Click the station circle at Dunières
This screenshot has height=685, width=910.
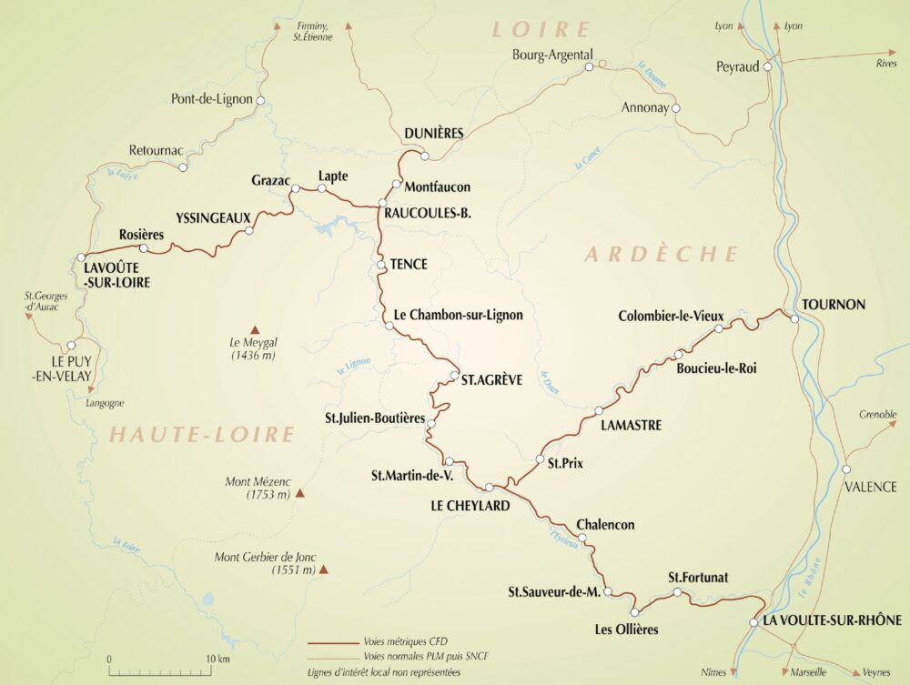point(424,156)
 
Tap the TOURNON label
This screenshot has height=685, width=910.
point(834,304)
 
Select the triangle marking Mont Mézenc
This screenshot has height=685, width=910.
point(300,494)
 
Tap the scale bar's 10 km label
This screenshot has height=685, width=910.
point(217,658)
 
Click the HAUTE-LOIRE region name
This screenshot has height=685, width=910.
point(202,435)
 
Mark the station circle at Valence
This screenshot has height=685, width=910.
point(846,469)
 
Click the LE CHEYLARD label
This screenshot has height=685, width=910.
point(464,506)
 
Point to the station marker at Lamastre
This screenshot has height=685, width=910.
point(599,411)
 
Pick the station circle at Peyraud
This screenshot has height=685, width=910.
point(768,66)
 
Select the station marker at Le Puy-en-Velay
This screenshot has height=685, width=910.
point(70,346)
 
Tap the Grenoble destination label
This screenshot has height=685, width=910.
point(877,415)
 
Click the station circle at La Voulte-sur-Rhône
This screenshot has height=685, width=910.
point(753,623)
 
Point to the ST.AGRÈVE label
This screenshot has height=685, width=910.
point(491,380)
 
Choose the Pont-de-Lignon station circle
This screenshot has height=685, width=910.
point(260,100)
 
